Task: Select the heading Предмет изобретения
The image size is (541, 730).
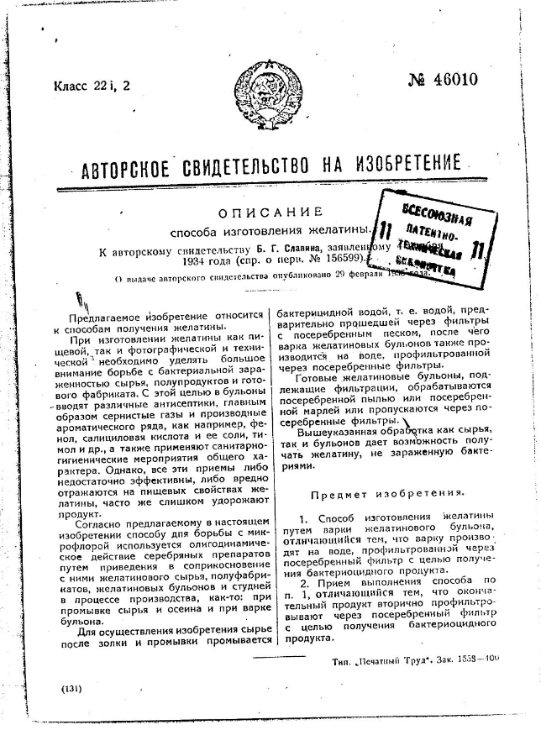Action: [x=388, y=493]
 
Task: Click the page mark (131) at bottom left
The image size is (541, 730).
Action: [x=71, y=688]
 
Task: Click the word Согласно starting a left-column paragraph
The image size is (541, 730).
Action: [x=102, y=523]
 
